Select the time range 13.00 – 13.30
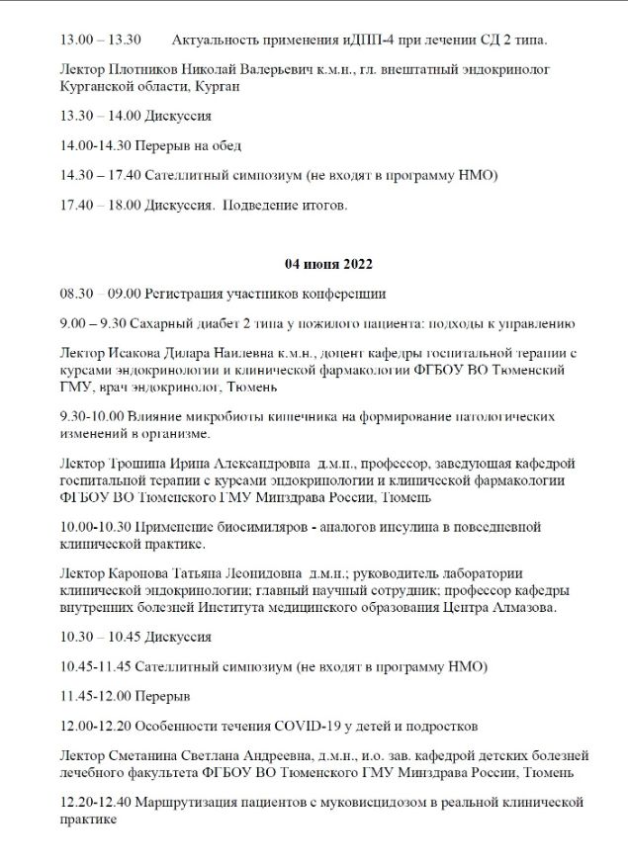click(x=100, y=41)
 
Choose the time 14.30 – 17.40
click(x=100, y=175)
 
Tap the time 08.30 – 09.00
click(x=100, y=294)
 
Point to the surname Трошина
click(x=137, y=464)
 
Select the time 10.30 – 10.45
click(x=100, y=637)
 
